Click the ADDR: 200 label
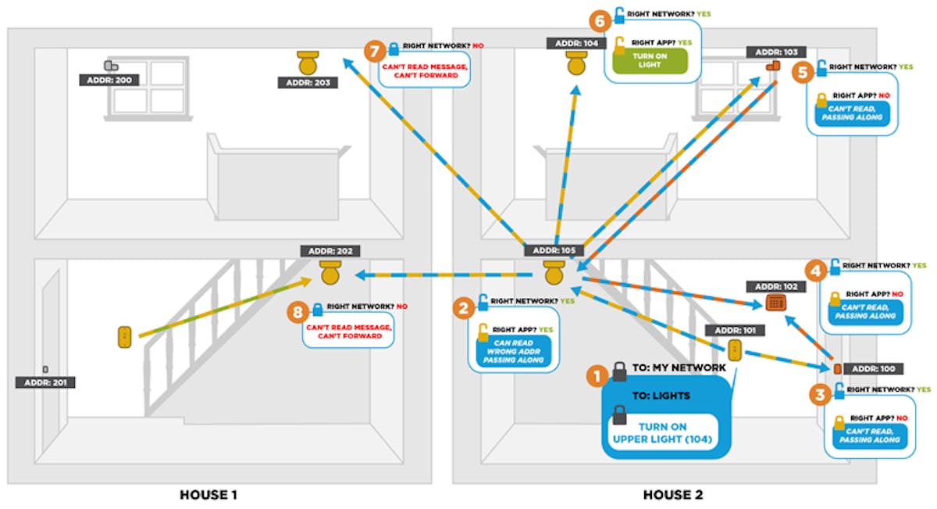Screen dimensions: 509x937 tap(107, 80)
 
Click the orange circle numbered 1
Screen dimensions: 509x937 tap(597, 376)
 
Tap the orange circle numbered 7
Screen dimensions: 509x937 tap(375, 51)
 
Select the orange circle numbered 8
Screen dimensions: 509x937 tap(297, 313)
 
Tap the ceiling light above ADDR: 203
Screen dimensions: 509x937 tap(309, 62)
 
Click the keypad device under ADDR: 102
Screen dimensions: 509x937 tap(775, 303)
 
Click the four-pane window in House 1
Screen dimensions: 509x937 tap(149, 87)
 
